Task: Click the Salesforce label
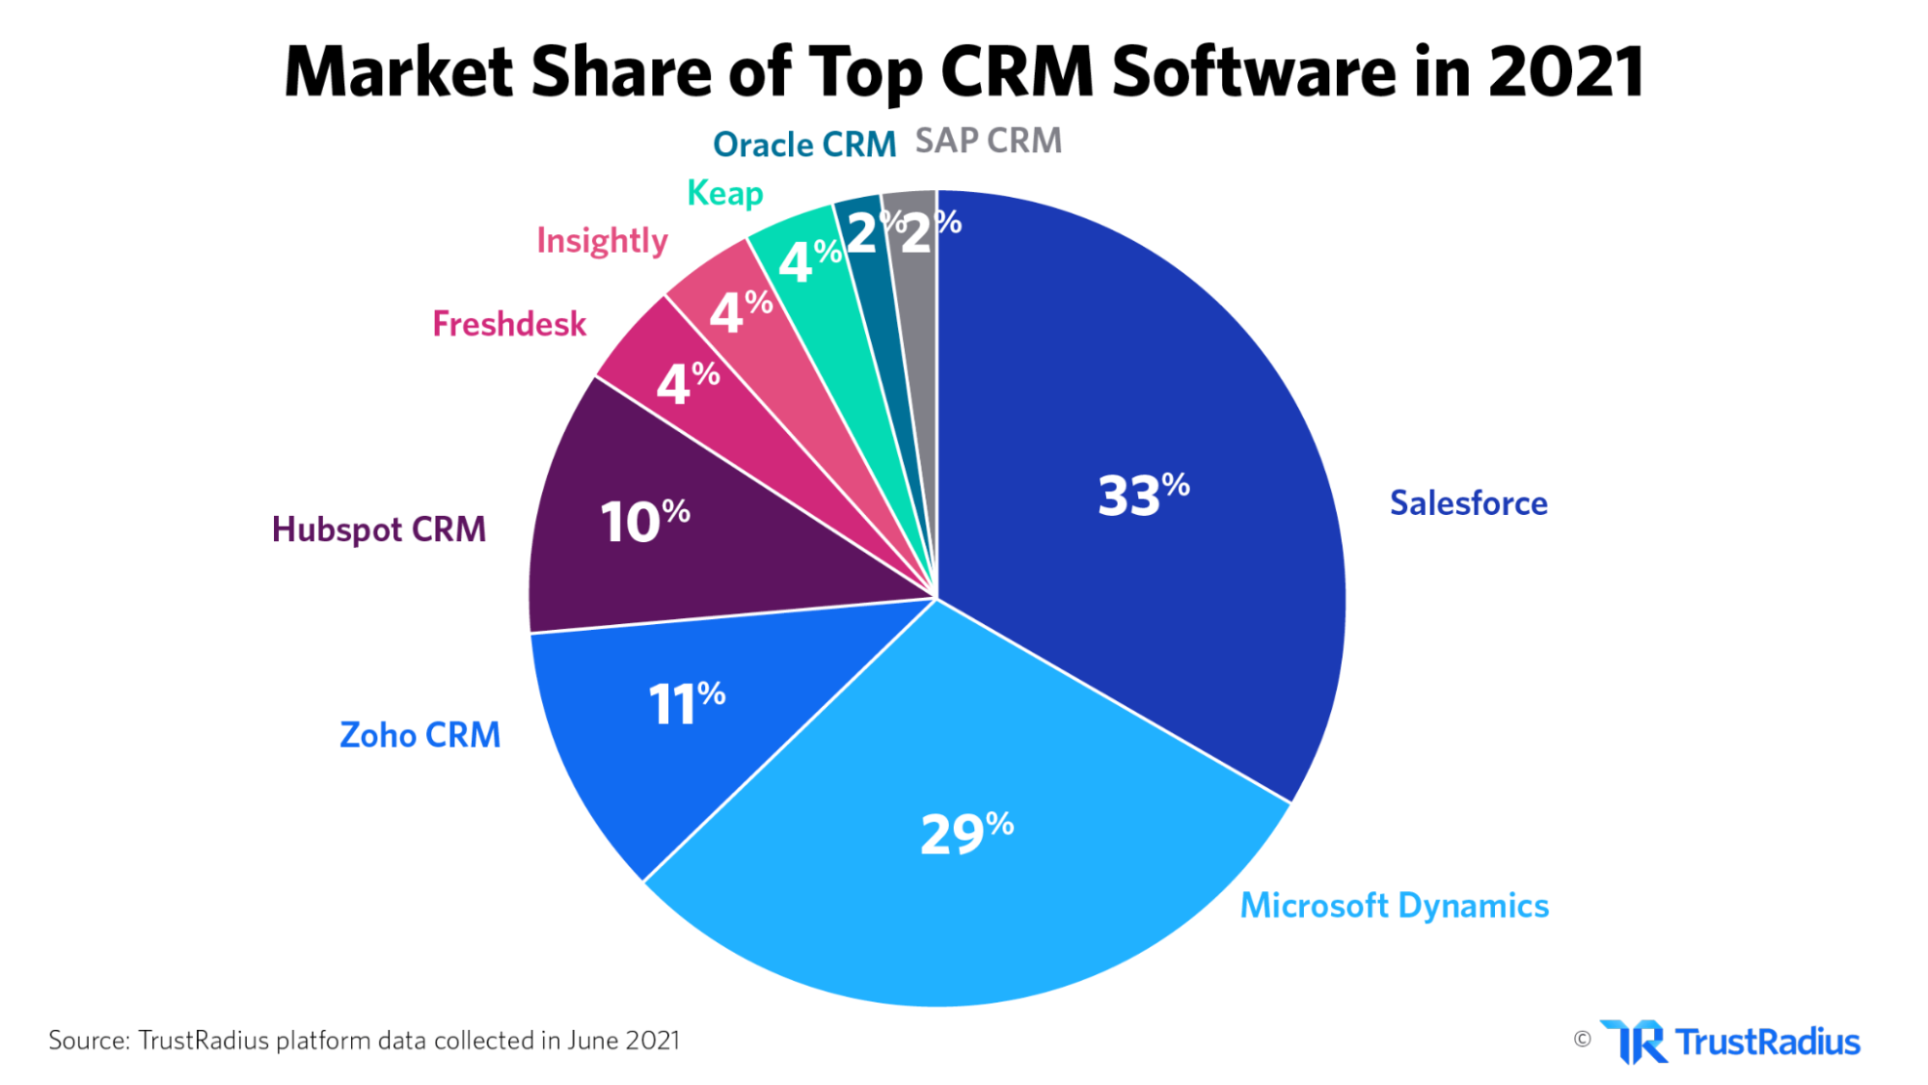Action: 1468,502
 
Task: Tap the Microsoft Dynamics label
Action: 1394,906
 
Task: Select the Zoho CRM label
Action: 420,735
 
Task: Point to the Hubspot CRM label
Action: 378,529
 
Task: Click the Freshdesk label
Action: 508,324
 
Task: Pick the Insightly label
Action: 602,240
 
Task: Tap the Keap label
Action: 724,193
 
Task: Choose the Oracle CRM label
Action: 804,145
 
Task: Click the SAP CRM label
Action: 988,141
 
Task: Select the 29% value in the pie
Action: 966,833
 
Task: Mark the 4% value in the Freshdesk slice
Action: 687,383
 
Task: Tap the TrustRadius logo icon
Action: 1634,1042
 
